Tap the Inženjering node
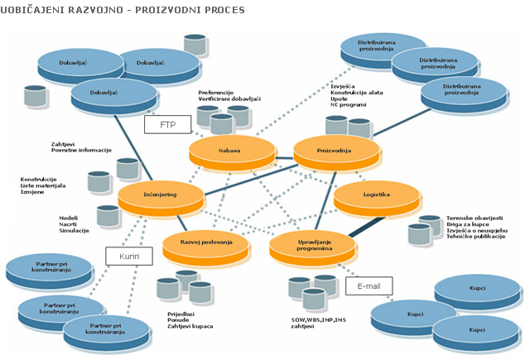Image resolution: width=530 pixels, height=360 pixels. (x=160, y=195)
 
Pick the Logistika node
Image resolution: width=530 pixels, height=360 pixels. (x=376, y=195)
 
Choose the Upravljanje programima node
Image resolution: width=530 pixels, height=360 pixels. (x=311, y=244)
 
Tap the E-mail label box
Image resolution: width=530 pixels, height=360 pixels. (x=369, y=286)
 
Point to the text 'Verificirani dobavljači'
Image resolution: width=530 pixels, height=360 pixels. (x=229, y=99)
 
